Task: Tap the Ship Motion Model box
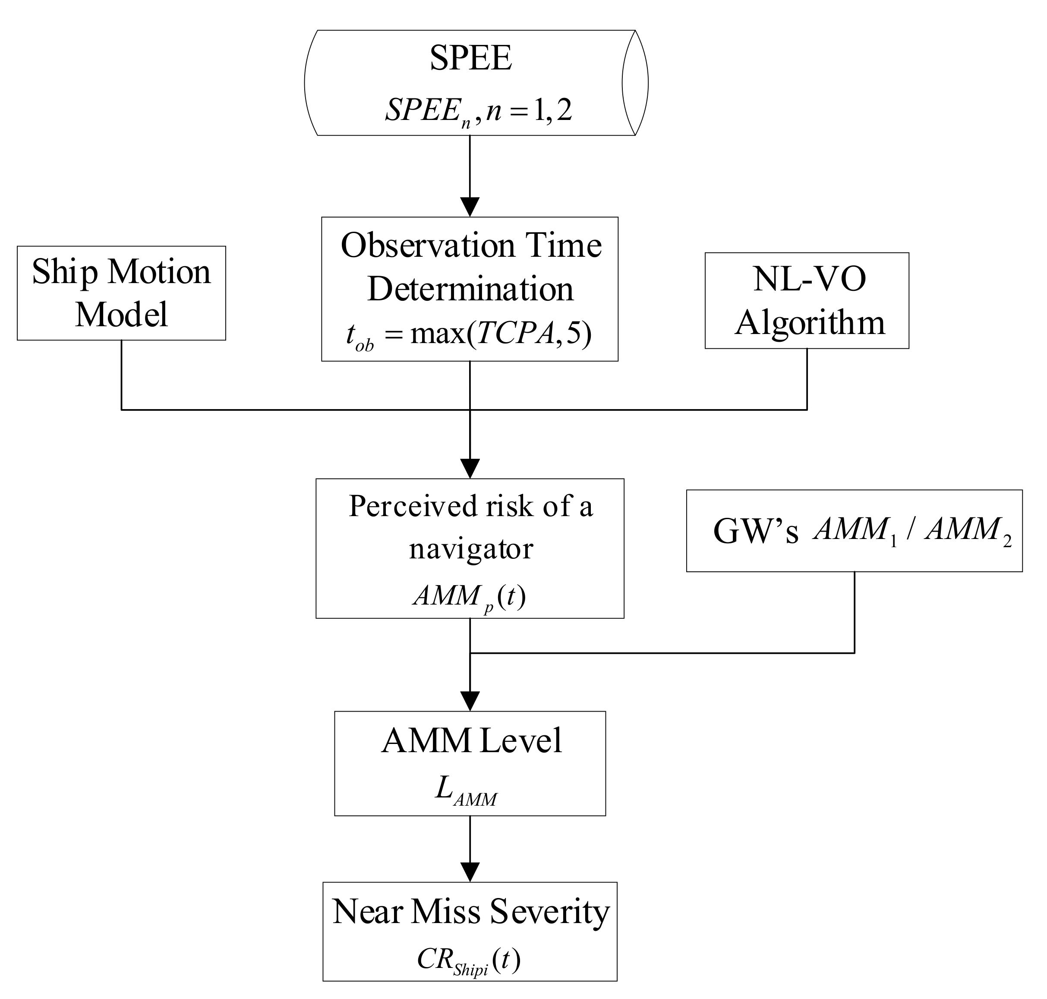(x=121, y=293)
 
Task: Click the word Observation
(x=428, y=246)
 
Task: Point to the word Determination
(x=470, y=289)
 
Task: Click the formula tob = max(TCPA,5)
(x=469, y=335)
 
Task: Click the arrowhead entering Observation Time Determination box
(x=470, y=207)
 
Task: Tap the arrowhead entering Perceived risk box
(x=470, y=468)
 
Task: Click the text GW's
(x=756, y=531)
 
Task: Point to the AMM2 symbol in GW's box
(x=967, y=531)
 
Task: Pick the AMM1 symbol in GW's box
(x=855, y=531)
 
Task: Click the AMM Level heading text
(x=471, y=740)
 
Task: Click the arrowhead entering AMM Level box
(x=470, y=701)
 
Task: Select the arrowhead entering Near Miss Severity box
(x=470, y=872)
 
